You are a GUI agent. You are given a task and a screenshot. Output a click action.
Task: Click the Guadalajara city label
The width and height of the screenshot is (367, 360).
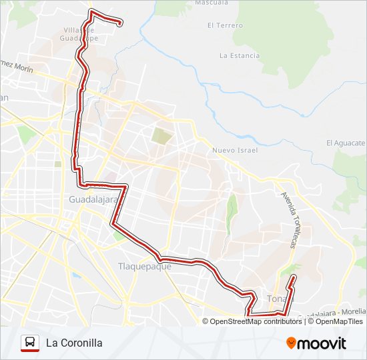(x=93, y=199)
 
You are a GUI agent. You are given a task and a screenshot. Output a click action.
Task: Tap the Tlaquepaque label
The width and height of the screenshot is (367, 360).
(x=145, y=267)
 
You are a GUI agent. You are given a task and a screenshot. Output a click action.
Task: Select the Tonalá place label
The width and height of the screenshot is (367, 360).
(x=280, y=298)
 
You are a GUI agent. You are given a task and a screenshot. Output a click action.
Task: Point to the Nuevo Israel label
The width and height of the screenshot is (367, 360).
(x=234, y=150)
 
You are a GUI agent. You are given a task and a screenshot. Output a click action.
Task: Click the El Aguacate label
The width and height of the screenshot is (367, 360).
(x=346, y=143)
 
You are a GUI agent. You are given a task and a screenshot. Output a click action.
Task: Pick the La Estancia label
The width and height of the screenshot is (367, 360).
(x=239, y=55)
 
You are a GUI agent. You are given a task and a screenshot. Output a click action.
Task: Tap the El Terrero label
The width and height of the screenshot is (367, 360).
(x=225, y=25)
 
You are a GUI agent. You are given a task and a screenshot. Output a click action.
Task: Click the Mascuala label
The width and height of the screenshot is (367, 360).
(x=212, y=3)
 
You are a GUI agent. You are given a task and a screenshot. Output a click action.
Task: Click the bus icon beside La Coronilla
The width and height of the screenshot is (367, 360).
(x=29, y=343)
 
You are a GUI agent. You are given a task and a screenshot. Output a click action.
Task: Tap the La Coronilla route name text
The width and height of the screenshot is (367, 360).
(x=74, y=343)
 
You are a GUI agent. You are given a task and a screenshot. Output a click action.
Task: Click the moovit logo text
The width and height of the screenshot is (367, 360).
(x=322, y=343)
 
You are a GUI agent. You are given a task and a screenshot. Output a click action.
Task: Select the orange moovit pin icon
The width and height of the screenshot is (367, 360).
(x=291, y=343)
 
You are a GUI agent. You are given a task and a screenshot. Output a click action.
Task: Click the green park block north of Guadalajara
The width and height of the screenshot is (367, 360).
(x=161, y=135)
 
